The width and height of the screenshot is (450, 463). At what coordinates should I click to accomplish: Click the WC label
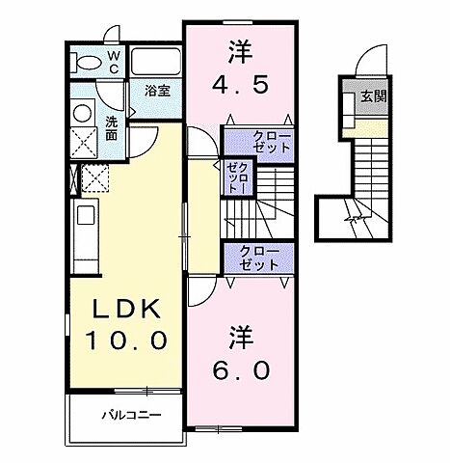[113, 63]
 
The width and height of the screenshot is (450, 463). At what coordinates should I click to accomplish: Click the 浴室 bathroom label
[158, 92]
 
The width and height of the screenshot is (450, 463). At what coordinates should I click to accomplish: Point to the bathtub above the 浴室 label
[156, 63]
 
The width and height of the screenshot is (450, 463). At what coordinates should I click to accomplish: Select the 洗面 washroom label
[113, 128]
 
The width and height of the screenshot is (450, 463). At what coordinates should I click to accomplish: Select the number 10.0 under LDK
[131, 340]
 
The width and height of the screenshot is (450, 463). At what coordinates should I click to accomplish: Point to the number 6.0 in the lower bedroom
[240, 369]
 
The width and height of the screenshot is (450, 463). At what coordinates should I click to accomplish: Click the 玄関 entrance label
[373, 95]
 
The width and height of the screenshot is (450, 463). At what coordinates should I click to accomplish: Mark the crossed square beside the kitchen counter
[95, 179]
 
